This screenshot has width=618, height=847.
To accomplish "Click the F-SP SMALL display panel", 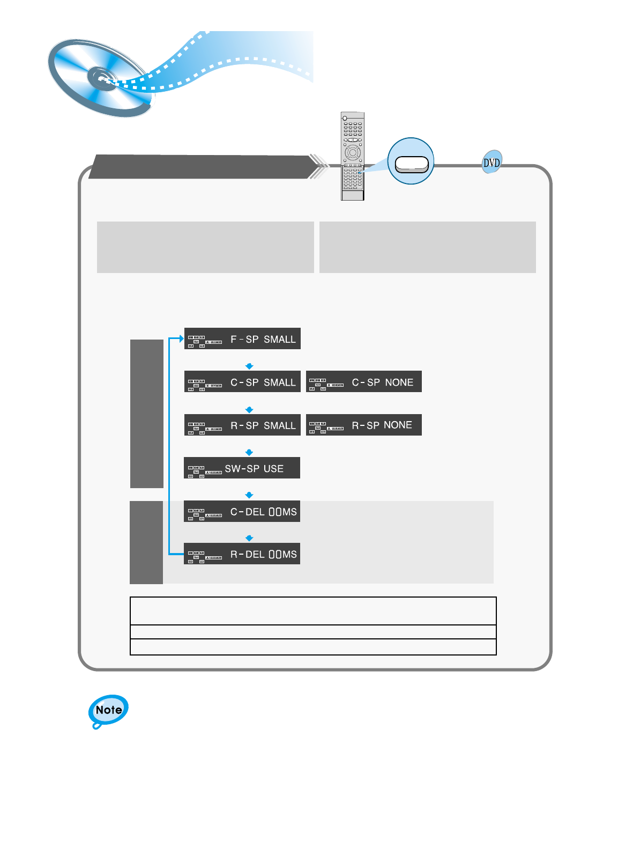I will (242, 338).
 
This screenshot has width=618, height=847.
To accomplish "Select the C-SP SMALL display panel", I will (242, 381).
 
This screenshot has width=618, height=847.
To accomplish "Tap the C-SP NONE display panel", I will (363, 381).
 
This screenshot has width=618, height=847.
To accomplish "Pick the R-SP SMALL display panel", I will (242, 425).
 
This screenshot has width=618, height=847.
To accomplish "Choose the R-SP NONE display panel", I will (363, 425).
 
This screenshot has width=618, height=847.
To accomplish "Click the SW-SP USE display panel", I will (242, 468).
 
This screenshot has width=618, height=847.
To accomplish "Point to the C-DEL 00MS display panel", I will (242, 511).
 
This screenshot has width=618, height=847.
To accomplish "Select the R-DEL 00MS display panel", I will (242, 554).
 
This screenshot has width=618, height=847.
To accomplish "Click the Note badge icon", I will (108, 710).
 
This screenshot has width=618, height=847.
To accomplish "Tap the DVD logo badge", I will (492, 162).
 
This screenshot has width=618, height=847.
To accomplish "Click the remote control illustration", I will (353, 156).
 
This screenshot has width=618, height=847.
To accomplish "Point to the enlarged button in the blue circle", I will (411, 164).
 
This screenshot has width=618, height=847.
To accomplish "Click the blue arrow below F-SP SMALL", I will (249, 366).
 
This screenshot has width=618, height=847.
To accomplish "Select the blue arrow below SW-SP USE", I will (249, 495).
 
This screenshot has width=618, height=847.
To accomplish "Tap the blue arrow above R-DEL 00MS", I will (249, 537).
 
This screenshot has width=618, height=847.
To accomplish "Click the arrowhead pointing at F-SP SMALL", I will (181, 338).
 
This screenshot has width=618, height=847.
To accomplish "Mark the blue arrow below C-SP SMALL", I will (249, 409).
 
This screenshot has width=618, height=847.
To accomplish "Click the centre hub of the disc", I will (101, 78).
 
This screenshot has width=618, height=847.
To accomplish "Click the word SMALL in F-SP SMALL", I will (279, 339).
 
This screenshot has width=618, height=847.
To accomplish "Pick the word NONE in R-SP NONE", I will (398, 425).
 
